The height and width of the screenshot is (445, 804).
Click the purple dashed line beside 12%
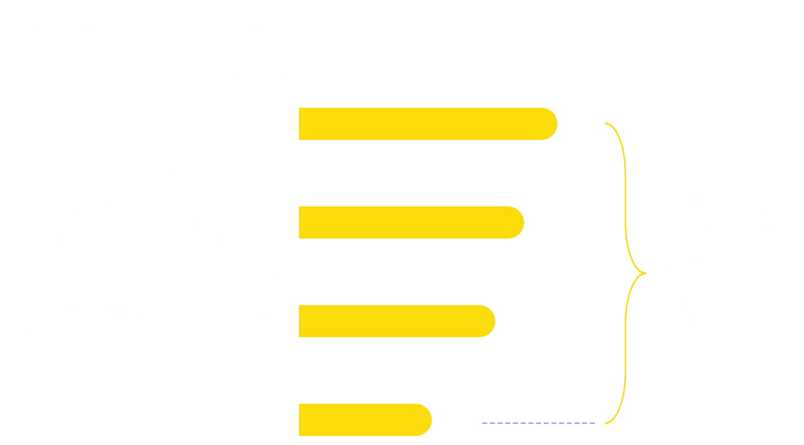click(x=538, y=423)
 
